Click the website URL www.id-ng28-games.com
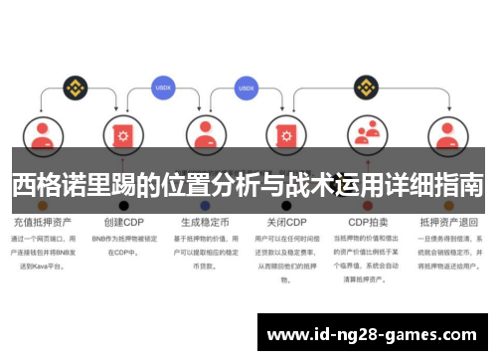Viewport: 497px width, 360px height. [373, 333]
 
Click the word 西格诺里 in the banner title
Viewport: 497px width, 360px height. [59, 184]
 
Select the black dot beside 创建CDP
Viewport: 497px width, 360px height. [124, 206]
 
